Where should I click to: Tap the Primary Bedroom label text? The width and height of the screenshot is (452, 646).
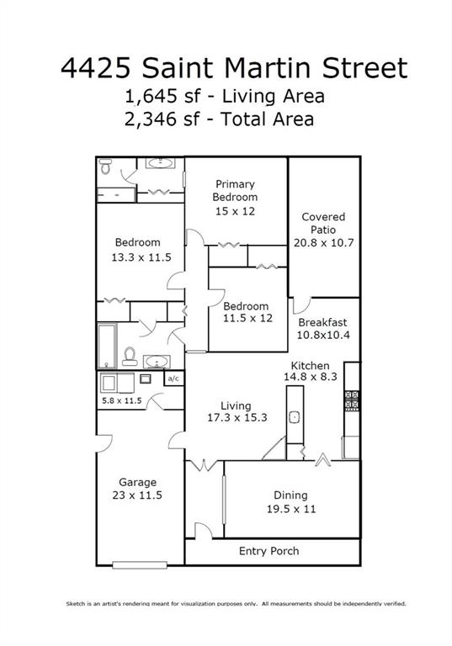point(235,190)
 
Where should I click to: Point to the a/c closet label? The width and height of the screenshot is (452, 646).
point(174,379)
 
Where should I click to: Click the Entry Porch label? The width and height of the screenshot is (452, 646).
point(269,551)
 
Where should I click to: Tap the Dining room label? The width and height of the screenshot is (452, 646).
point(290,495)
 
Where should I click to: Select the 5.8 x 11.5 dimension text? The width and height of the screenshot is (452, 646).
point(121,400)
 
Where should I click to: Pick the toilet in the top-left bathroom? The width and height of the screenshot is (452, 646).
point(105,167)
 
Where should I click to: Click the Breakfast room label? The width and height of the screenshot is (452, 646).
point(322,322)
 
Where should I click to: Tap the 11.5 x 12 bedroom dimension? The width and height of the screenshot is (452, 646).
point(247,318)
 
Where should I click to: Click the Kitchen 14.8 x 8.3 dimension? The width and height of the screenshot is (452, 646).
point(310,377)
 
